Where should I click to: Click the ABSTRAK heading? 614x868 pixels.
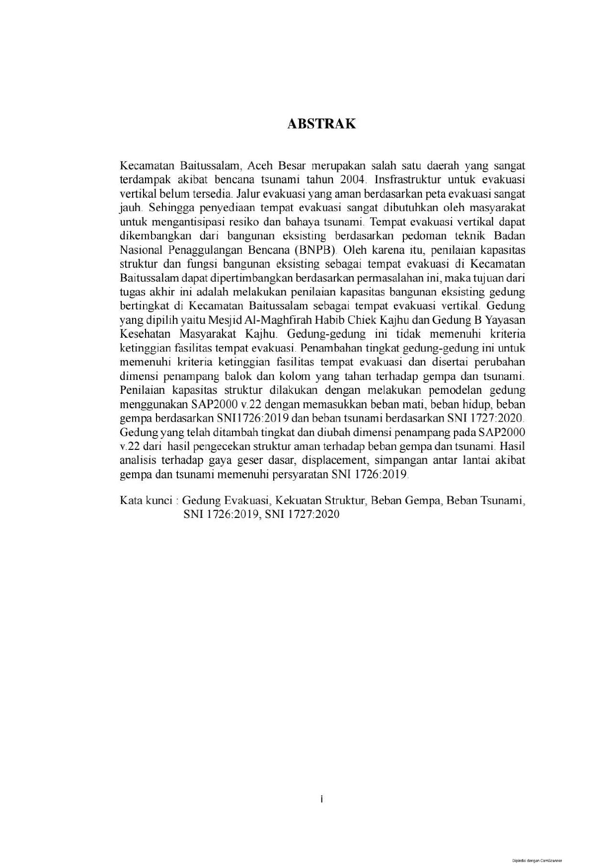coord(321,124)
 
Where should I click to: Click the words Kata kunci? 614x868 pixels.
coord(146,500)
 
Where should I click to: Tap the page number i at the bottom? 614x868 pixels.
coord(321,799)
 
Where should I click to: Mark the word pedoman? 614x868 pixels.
coord(437,235)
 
